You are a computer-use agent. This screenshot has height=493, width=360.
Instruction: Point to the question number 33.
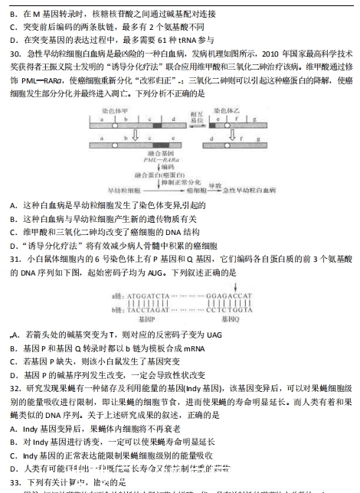[x=15, y=483]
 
